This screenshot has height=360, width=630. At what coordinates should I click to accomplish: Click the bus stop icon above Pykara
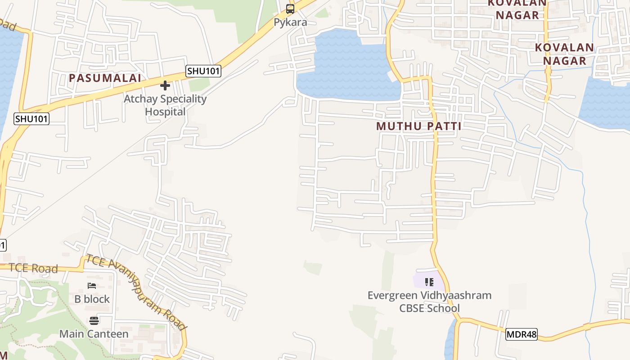click(x=290, y=9)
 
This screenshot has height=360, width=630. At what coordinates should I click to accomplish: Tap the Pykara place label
click(x=290, y=22)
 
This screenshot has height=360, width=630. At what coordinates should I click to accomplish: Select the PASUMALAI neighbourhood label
click(x=105, y=78)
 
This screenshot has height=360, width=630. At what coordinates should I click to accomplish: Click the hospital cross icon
click(x=165, y=85)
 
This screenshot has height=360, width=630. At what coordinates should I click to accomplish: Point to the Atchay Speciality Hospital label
click(x=165, y=105)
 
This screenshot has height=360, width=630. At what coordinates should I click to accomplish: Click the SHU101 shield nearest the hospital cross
click(x=203, y=71)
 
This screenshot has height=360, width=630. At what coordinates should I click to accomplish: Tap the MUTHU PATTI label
click(x=419, y=126)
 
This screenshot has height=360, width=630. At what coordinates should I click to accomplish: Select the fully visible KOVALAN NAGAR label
click(x=564, y=54)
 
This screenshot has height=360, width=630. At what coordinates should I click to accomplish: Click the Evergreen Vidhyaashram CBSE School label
click(x=429, y=301)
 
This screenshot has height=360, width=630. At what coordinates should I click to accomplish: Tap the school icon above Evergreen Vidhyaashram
click(x=429, y=282)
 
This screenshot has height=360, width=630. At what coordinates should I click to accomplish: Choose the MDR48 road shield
click(x=521, y=334)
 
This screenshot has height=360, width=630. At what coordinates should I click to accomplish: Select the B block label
click(x=92, y=299)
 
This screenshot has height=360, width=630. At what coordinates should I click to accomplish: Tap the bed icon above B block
click(x=92, y=286)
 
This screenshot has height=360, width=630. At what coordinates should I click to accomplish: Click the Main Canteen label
click(x=94, y=334)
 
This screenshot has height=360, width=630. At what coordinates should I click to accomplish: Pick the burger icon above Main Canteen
click(x=94, y=320)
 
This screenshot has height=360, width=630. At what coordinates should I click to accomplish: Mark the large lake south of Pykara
click(x=346, y=67)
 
